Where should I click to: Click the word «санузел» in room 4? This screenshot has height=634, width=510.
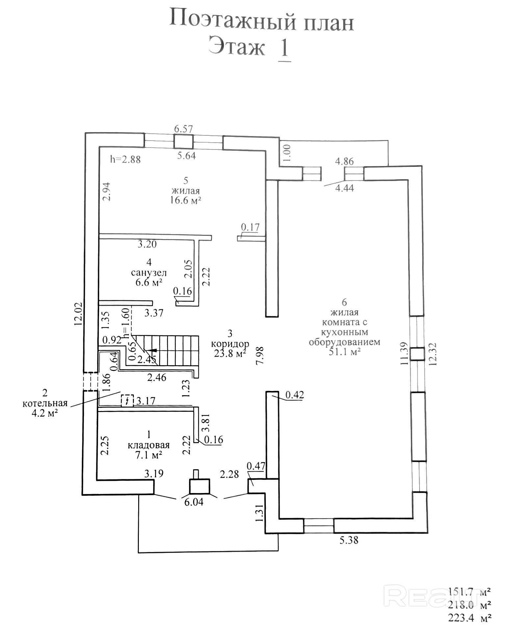[x=149, y=273]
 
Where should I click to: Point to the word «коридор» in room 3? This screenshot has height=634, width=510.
[x=230, y=344]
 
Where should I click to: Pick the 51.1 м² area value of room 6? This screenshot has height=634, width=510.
[x=344, y=352]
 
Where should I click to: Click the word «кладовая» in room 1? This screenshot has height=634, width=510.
[x=148, y=445]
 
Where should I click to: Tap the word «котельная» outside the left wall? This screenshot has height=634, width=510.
[x=45, y=403]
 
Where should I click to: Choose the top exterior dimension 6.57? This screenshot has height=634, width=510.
[x=183, y=129]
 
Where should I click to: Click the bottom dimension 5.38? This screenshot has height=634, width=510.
[x=348, y=540]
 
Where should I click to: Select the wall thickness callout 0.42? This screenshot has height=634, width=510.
[x=294, y=395]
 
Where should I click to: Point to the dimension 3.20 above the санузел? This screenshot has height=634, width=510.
[x=147, y=244]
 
